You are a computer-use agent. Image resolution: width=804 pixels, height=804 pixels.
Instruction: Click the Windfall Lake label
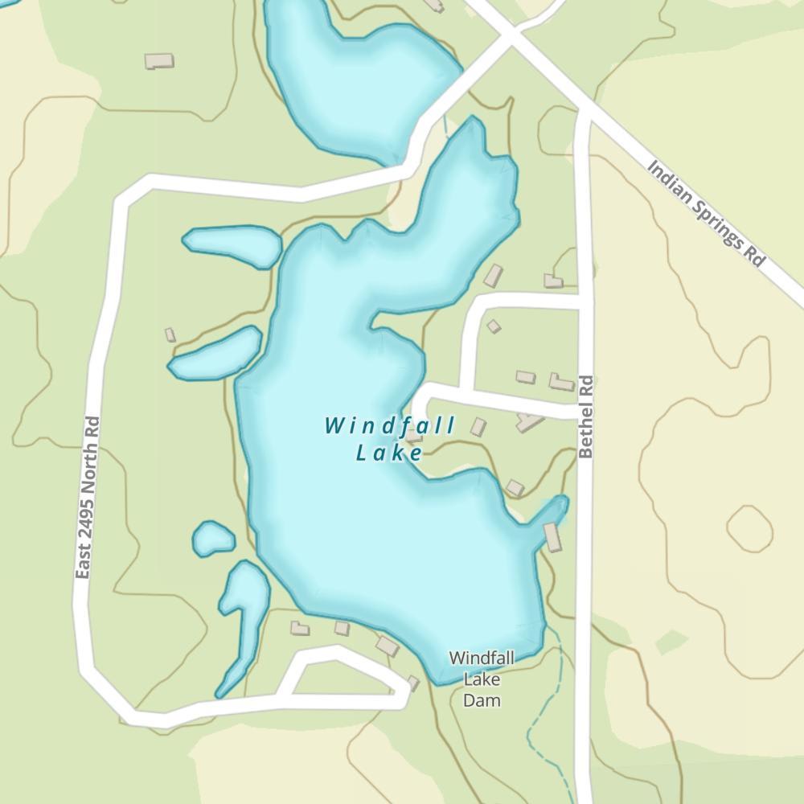[x=390, y=439]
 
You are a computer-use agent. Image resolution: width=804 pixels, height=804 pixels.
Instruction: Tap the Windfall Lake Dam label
[x=482, y=679]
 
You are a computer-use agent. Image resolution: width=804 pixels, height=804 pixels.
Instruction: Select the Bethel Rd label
[x=585, y=416]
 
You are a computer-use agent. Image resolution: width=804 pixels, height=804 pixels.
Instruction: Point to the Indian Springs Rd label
[x=706, y=214]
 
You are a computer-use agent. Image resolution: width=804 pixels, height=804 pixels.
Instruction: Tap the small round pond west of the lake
[x=213, y=539]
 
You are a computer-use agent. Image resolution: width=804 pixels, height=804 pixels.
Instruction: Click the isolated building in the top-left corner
[x=159, y=60]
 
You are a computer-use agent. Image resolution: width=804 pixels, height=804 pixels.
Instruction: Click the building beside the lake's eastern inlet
[x=552, y=537]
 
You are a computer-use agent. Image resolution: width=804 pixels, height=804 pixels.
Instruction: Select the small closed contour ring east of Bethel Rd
[x=749, y=529]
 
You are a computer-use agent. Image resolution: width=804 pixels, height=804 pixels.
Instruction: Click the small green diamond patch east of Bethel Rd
[x=671, y=642]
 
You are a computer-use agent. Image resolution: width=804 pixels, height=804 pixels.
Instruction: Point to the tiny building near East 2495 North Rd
[x=170, y=334]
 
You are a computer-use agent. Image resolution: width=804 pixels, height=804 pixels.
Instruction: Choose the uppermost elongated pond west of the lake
[x=233, y=244]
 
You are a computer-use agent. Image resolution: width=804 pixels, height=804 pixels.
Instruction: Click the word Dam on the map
[x=482, y=699]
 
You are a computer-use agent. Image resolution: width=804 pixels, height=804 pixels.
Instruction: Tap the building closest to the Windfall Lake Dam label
[x=413, y=683]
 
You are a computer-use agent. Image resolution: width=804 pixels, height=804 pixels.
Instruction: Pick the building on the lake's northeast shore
[x=493, y=276]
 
